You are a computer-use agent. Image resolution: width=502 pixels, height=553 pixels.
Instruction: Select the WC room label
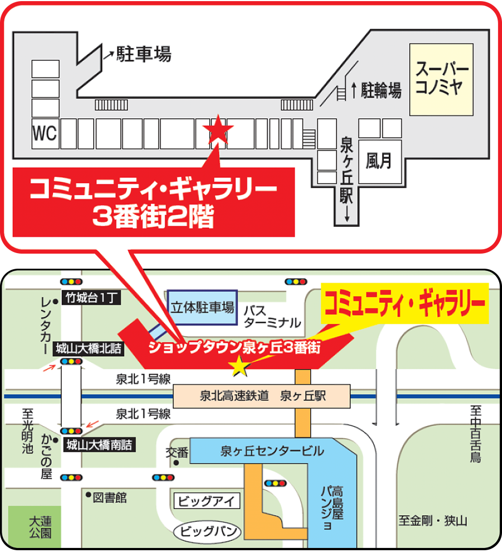pyautogui.click(x=44, y=134)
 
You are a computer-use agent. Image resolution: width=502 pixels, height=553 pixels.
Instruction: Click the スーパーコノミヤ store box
pyautogui.click(x=442, y=79)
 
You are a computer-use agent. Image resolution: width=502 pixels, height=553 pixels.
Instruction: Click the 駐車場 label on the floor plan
pyautogui.click(x=143, y=54)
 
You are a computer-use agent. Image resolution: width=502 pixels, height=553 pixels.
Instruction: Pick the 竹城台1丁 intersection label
pyautogui.click(x=90, y=297)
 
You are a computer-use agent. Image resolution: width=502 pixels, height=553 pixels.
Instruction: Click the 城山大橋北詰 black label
pyautogui.click(x=88, y=350)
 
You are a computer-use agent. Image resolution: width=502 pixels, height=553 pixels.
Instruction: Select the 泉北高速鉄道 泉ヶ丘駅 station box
pyautogui.click(x=262, y=396)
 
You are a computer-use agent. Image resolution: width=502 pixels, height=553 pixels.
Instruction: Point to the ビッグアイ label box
pyautogui.click(x=207, y=500)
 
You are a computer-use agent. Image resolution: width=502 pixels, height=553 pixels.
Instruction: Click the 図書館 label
pyautogui.click(x=110, y=497)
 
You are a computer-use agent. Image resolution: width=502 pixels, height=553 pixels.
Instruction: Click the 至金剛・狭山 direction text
pyautogui.click(x=433, y=521)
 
